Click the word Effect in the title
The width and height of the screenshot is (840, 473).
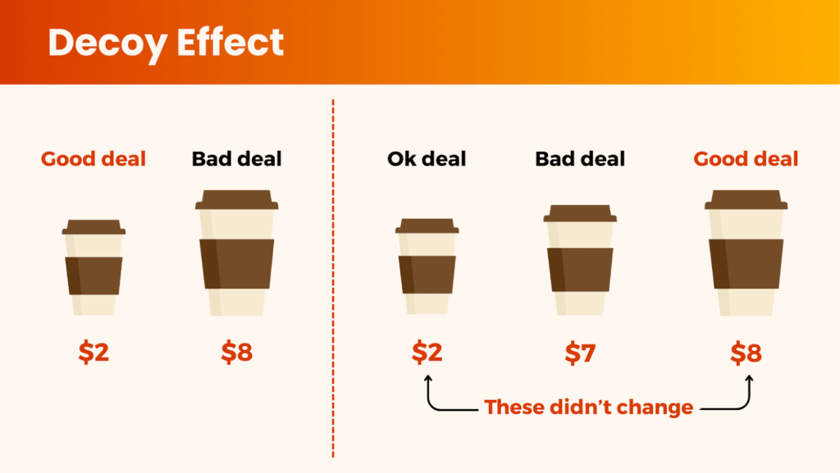click(231, 42)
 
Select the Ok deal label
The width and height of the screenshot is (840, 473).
click(427, 159)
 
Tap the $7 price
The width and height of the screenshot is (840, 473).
click(580, 353)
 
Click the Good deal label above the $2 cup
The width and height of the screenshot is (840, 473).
click(94, 159)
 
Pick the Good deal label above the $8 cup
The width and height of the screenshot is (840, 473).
click(746, 159)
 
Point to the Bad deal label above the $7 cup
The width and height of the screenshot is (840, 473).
click(580, 159)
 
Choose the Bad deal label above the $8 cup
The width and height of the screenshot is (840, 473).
click(237, 159)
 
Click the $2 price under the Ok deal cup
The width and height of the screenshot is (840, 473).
click(427, 352)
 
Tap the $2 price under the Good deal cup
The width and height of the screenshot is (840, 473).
click(94, 352)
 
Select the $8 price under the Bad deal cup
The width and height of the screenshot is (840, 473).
click(237, 352)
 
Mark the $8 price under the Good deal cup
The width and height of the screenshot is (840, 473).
click(746, 353)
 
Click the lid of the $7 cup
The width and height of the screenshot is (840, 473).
click(580, 213)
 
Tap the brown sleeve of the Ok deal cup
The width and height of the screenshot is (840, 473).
click(427, 275)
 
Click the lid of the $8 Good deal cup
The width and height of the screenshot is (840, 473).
click(746, 199)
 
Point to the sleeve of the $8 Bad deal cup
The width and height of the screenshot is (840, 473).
click(237, 264)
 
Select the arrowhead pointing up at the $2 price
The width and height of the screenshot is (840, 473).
click(428, 379)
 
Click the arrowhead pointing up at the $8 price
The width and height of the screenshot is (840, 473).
click(749, 379)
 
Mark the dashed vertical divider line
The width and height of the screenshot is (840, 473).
click(333, 278)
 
